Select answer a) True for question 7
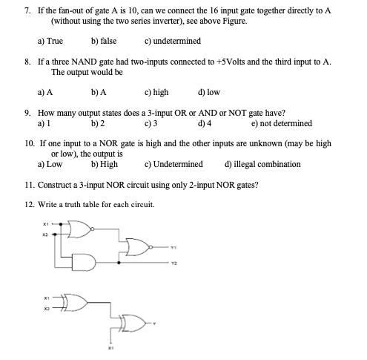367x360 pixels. (x=50, y=40)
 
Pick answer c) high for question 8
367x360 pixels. (x=156, y=92)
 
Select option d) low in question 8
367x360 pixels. (x=209, y=92)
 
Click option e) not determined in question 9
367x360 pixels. (x=282, y=123)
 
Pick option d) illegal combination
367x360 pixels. (x=262, y=164)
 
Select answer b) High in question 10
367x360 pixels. (x=104, y=164)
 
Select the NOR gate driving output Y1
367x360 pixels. (x=137, y=247)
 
